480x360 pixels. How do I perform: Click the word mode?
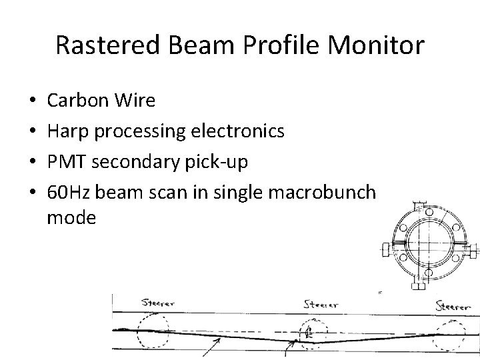pyautogui.click(x=71, y=218)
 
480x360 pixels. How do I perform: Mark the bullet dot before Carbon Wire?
pyautogui.click(x=33, y=102)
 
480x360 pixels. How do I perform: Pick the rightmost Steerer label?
pyautogui.click(x=455, y=306)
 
